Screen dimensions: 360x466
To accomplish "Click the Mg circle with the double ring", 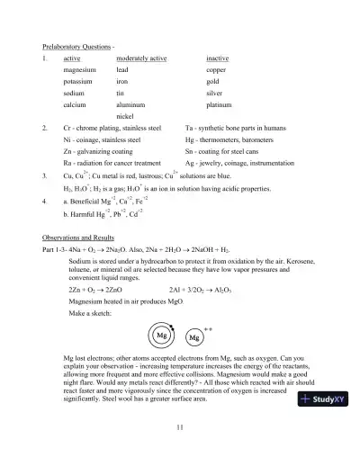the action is (163, 336).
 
